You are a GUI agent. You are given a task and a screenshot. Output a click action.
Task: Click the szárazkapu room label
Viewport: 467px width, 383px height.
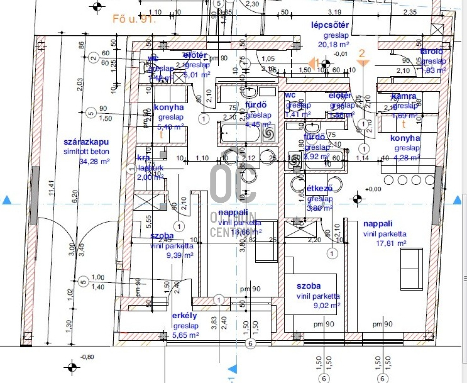(86, 142)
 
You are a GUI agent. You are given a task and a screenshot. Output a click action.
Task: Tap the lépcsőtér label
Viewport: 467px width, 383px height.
(330, 25)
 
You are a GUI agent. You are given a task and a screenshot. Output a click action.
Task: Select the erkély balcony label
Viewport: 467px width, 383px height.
(184, 316)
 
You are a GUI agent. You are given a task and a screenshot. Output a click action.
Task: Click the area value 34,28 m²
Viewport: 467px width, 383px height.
(94, 162)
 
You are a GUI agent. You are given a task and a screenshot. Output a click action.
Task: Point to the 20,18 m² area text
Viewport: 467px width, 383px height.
(336, 45)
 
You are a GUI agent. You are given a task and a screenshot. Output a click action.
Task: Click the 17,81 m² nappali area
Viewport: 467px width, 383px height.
(391, 243)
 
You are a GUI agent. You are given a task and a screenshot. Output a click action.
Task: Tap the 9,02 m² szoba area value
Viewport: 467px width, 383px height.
(327, 305)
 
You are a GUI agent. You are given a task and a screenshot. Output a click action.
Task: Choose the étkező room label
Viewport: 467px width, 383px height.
(320, 189)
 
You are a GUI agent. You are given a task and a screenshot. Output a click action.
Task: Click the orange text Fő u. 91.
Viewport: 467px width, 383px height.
(134, 19)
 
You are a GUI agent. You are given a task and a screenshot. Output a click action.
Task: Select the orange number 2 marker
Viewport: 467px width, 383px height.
(362, 53)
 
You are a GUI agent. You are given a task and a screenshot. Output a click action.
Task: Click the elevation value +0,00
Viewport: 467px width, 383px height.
(373, 189)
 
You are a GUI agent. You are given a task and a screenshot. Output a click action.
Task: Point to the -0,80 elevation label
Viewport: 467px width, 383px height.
(87, 357)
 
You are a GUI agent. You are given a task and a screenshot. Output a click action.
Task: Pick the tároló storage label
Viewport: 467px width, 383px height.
(431, 52)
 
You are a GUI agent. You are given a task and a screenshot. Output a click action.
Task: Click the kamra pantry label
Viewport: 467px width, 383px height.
(404, 96)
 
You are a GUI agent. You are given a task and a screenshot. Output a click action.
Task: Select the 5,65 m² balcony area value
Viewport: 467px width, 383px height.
(185, 335)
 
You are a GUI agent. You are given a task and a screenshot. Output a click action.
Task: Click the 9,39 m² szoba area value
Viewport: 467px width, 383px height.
(179, 255)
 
